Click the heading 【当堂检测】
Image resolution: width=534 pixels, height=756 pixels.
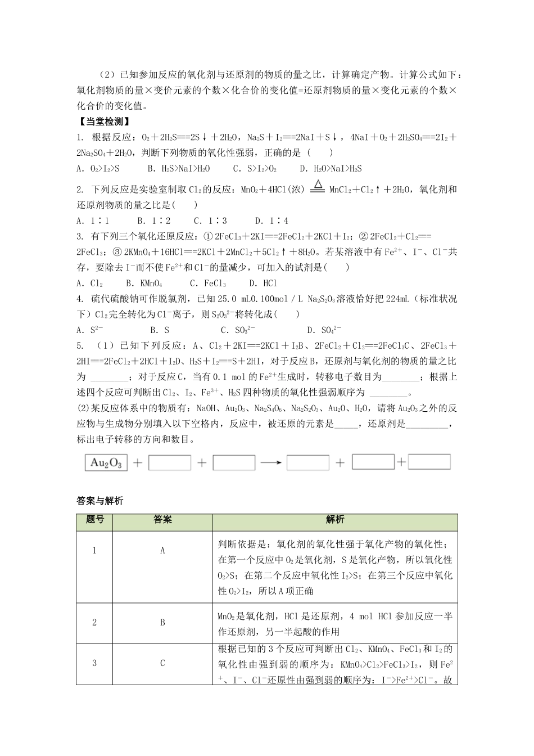tap(103, 121)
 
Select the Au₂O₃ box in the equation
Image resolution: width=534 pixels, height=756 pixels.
tap(106, 463)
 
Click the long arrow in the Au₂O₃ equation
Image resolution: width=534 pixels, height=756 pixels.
tap(271, 463)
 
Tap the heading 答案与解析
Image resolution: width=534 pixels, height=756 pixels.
tap(99, 501)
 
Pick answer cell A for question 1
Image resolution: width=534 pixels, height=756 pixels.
tap(162, 551)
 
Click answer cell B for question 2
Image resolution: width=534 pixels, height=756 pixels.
tap(162, 622)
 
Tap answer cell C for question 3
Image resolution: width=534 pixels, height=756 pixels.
tap(162, 663)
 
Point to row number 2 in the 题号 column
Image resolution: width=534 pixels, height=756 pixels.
tap(94, 622)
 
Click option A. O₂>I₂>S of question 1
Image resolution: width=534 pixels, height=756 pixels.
tap(98, 168)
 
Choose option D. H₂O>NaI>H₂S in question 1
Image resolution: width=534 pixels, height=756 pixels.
tap(331, 168)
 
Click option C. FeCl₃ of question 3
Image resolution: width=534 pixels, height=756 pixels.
tap(208, 283)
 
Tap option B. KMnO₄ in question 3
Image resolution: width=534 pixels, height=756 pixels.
tap(144, 283)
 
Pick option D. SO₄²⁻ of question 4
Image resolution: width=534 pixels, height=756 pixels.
tap(324, 330)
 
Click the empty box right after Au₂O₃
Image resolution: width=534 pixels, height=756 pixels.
tap(170, 463)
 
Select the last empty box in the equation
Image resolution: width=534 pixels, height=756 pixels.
tap(429, 462)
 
